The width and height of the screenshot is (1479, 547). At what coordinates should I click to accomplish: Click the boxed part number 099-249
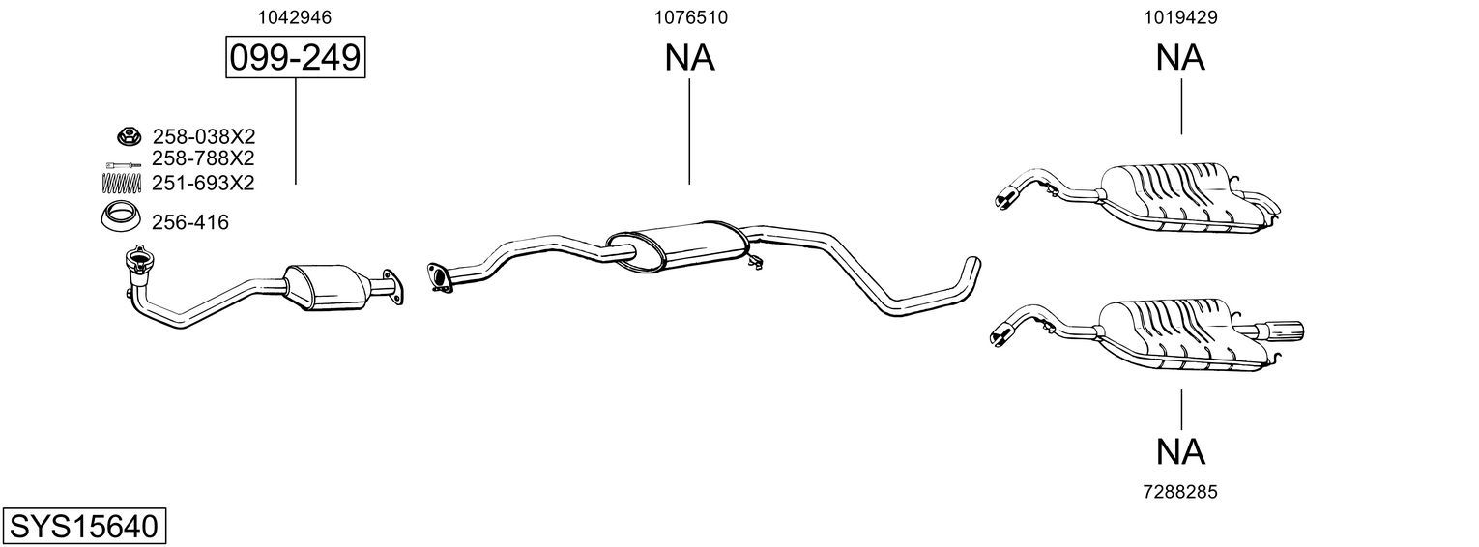click(x=296, y=59)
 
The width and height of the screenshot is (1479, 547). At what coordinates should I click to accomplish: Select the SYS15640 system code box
click(x=83, y=527)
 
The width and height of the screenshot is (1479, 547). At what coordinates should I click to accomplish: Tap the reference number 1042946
click(x=296, y=17)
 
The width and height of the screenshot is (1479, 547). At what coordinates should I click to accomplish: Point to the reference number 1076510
click(x=690, y=17)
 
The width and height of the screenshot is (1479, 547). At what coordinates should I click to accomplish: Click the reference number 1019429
click(x=1180, y=17)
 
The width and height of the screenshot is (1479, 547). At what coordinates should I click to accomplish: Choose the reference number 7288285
click(x=1180, y=492)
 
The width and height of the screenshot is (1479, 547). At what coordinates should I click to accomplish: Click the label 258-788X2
click(x=203, y=158)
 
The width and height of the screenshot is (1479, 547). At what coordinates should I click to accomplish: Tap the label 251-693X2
click(x=203, y=182)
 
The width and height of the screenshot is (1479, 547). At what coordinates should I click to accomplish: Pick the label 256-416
click(x=190, y=223)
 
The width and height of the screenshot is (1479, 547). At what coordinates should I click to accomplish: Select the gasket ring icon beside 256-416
click(x=120, y=218)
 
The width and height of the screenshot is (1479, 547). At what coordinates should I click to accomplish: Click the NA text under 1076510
click(x=690, y=59)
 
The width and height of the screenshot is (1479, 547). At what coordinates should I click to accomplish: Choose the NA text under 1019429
click(x=1180, y=59)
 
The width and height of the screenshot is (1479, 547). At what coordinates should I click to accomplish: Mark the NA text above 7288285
click(x=1180, y=450)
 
